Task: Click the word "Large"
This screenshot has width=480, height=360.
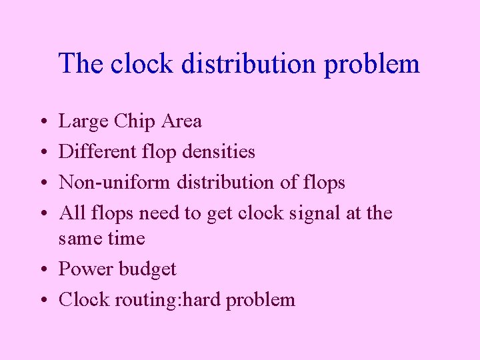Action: (x=84, y=122)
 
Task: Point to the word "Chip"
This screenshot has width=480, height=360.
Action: (x=133, y=122)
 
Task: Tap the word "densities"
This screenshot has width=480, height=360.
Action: (x=221, y=152)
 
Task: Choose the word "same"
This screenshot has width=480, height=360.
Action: (x=80, y=239)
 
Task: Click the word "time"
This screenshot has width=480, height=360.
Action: (x=126, y=238)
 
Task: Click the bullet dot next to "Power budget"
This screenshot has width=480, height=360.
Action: (x=43, y=270)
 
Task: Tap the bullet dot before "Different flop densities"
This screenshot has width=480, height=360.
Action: (x=43, y=153)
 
